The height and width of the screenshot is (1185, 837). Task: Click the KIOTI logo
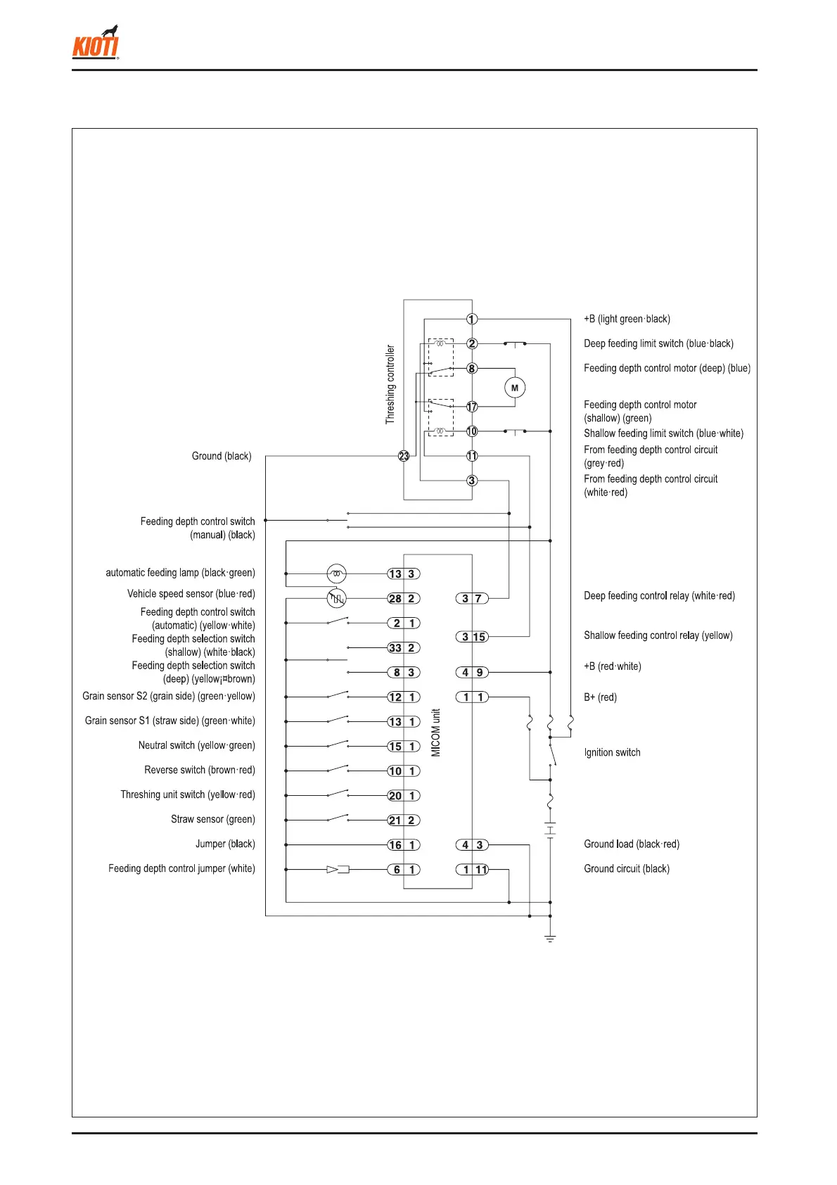[x=96, y=44]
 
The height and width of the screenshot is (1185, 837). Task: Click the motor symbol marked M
[x=515, y=388]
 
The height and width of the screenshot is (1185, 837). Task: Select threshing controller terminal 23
[x=404, y=456]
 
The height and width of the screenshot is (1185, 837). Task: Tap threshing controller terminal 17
[x=472, y=407]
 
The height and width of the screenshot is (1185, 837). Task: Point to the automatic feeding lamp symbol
[x=337, y=574]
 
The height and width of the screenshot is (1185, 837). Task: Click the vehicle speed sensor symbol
[x=337, y=598]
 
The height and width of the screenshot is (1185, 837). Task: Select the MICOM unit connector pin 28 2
[x=404, y=598]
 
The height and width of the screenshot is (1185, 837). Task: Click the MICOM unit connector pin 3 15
[x=472, y=637]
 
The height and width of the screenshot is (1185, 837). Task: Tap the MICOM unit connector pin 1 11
[x=472, y=870]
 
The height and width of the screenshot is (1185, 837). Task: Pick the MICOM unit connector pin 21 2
[x=404, y=820]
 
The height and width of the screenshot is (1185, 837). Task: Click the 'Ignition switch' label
[x=612, y=752]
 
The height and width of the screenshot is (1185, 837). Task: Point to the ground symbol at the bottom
[x=550, y=939]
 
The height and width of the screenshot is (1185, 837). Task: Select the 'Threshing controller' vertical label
[x=390, y=384]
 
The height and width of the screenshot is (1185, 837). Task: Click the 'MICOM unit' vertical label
[x=436, y=733]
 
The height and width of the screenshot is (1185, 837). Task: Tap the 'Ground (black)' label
[x=222, y=456]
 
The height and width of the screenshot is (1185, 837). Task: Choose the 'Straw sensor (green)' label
[x=213, y=819]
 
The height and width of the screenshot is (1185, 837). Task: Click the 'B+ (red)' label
[x=600, y=697]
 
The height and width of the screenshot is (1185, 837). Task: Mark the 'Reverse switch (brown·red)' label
[x=200, y=770]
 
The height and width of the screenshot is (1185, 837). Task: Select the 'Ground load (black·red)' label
[x=632, y=844]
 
